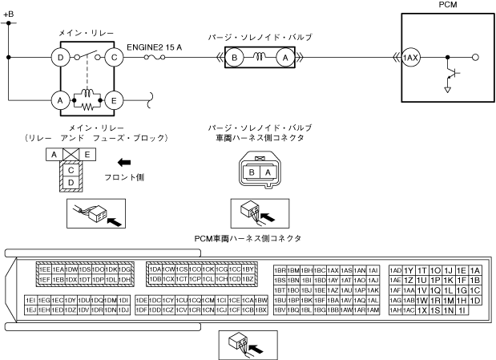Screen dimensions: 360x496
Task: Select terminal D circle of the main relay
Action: [58, 57]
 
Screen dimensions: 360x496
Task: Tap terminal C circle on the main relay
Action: [115, 57]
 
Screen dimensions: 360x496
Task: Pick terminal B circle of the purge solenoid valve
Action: [235, 57]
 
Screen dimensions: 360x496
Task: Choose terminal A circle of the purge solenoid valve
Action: [281, 57]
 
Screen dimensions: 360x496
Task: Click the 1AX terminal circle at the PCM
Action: [411, 58]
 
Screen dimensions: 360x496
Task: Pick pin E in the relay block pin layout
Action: [87, 153]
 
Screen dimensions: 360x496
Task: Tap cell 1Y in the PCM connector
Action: [409, 271]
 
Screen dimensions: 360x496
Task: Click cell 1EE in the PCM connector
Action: [45, 269]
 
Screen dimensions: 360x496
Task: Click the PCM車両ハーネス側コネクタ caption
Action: [248, 238]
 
